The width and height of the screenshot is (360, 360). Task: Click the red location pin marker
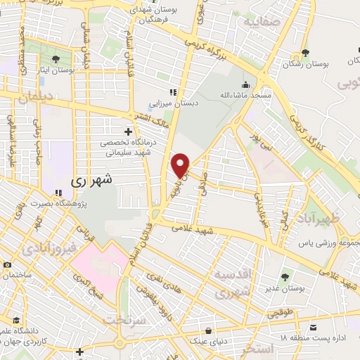point(181,165)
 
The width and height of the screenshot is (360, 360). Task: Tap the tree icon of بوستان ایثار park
point(56,58)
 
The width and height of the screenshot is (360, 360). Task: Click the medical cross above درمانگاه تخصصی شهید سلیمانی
point(128,131)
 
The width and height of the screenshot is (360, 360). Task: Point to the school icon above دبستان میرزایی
point(173,92)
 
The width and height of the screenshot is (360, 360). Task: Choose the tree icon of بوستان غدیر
point(285,277)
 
